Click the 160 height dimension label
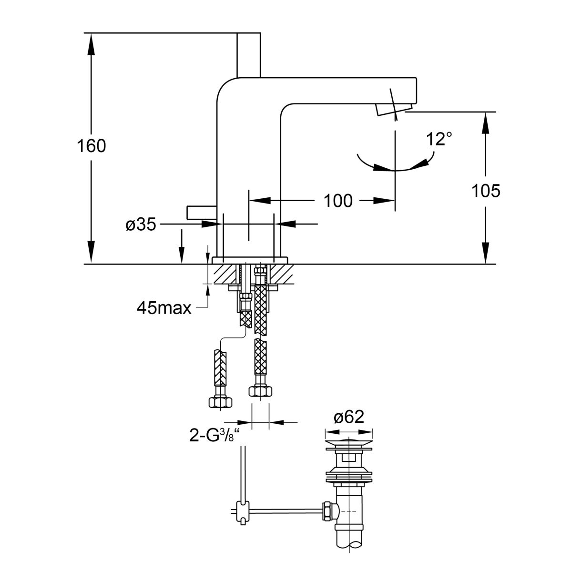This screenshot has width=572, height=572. click(x=92, y=146)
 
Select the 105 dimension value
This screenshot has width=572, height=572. click(x=486, y=191)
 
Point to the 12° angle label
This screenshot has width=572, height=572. click(x=439, y=139)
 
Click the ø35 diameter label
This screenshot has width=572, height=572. click(x=141, y=225)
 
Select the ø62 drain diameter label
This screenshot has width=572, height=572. click(x=349, y=418)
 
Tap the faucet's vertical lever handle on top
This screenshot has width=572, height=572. click(x=249, y=55)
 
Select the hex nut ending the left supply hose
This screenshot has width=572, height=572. click(x=220, y=401)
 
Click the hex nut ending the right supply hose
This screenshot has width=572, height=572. click(x=260, y=391)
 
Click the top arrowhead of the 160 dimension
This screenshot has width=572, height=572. click(x=90, y=43)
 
